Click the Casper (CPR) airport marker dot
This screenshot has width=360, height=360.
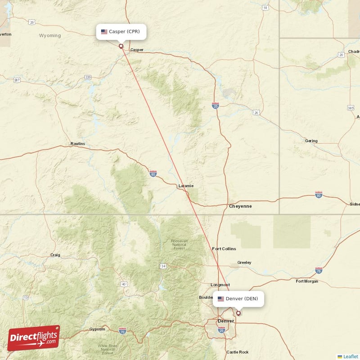[x=121, y=46]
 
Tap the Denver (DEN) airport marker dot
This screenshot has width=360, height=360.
[x=238, y=313]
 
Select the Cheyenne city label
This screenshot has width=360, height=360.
[x=240, y=206]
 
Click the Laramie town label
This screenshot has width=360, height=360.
[x=186, y=185]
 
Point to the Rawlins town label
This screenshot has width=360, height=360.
[x=77, y=144]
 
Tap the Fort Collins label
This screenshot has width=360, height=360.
[x=224, y=248]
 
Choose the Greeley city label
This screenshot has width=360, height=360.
[x=244, y=262]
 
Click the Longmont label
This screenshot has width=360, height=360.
[x=220, y=285]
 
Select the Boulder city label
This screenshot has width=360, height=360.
[x=206, y=297]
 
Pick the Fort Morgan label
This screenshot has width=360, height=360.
[x=307, y=281]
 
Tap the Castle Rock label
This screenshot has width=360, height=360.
[x=237, y=352]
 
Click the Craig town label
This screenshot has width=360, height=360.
[x=55, y=255]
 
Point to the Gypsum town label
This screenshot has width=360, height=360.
[x=97, y=329]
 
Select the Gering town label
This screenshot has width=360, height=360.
[x=311, y=141]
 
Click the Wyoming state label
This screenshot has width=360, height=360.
[x=49, y=36]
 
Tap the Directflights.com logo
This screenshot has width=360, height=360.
[x=33, y=338]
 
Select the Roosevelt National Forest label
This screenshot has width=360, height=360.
[x=179, y=244]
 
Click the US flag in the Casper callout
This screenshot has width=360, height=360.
[x=104, y=31]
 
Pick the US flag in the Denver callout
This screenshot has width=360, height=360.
[x=220, y=299]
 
